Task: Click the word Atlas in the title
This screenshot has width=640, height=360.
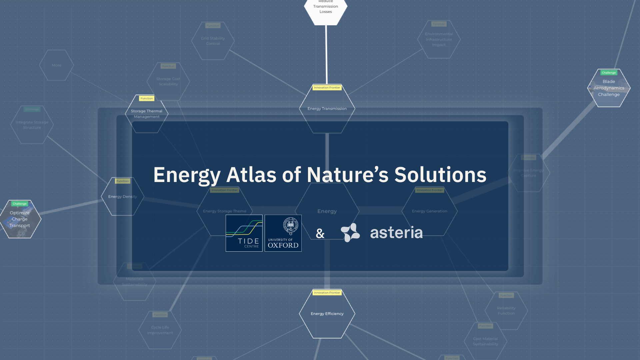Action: click(x=251, y=175)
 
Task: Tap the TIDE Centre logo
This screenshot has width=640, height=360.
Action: click(x=244, y=233)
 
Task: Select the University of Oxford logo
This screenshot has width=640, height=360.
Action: click(x=283, y=233)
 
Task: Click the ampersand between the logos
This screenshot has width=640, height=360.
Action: click(x=320, y=233)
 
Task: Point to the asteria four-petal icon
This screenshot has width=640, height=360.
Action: click(x=350, y=232)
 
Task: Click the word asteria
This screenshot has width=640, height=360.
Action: click(x=396, y=232)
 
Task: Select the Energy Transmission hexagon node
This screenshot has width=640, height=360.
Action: click(x=327, y=109)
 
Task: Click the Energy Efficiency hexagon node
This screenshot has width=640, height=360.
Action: click(x=327, y=314)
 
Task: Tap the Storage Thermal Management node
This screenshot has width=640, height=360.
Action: click(x=147, y=114)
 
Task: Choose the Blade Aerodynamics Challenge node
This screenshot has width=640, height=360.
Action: click(x=609, y=88)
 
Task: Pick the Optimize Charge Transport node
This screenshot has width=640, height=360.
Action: click(x=20, y=219)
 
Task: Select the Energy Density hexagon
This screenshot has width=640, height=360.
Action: click(x=122, y=197)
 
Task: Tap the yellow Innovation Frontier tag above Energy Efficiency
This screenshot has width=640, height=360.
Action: click(x=327, y=293)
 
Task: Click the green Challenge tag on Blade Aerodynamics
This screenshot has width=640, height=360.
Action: click(x=609, y=73)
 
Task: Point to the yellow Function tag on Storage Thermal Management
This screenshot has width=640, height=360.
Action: click(x=147, y=98)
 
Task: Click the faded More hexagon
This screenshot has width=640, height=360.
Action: click(x=56, y=65)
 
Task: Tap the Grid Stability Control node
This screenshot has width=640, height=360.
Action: click(x=213, y=41)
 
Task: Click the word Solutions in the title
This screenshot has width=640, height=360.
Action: click(x=440, y=175)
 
